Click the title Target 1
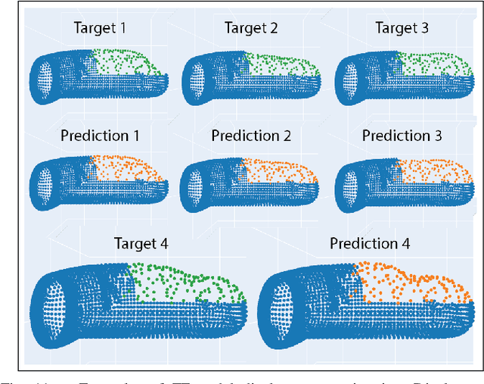100,28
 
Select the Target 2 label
251,28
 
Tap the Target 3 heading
402,28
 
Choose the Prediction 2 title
251,136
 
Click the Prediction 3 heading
402,136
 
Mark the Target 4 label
141,244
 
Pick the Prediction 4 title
370,244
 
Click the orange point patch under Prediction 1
125,171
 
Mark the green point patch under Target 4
185,283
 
